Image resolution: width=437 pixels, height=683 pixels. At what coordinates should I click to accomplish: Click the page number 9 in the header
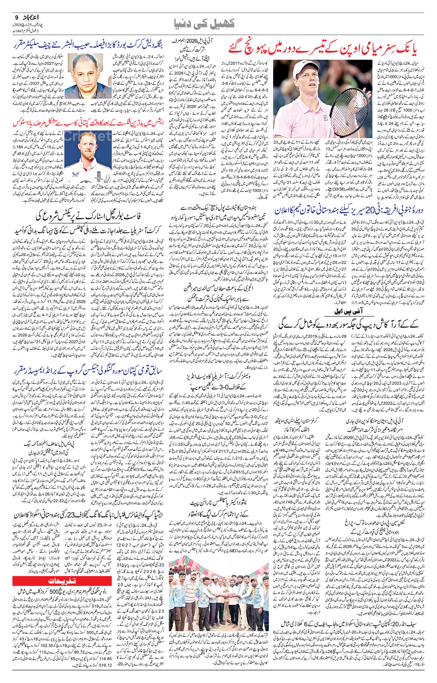pyautogui.click(x=16, y=17)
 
